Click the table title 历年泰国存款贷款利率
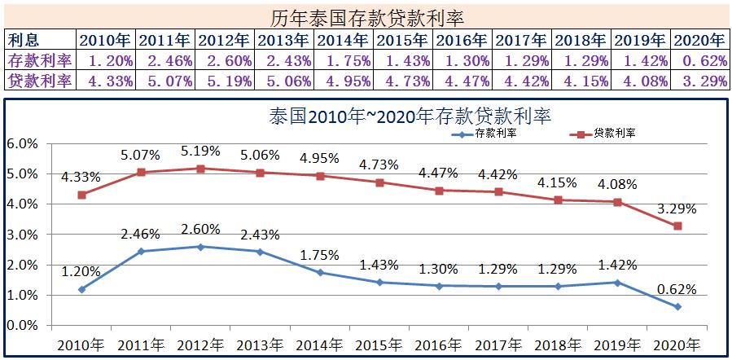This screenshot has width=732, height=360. (x=366, y=17)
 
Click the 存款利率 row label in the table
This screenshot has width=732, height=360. (x=39, y=59)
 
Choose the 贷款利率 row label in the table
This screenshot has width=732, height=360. (x=39, y=80)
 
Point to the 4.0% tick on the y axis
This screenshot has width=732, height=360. (x=22, y=204)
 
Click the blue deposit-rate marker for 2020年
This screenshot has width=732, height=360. (x=677, y=307)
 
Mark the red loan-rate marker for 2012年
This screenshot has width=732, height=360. (x=201, y=169)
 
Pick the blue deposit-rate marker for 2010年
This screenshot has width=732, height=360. (x=82, y=289)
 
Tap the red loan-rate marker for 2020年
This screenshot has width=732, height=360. (x=677, y=226)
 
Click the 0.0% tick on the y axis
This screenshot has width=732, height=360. (x=22, y=326)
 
